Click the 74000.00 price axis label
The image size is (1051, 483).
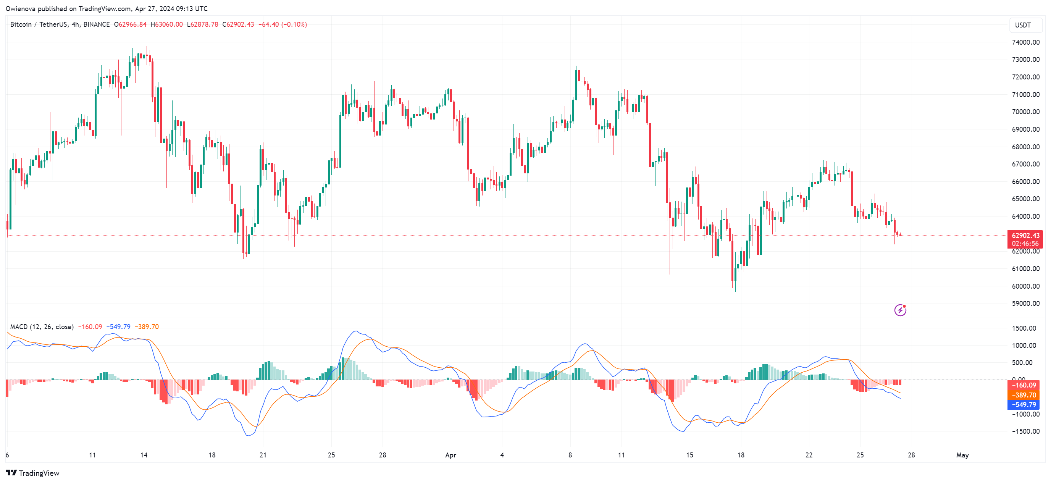click(1025, 42)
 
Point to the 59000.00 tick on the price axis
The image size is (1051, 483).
click(1025, 304)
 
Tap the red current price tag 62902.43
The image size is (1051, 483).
click(1025, 235)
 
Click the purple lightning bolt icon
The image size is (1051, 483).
click(900, 310)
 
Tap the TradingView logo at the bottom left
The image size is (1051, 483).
click(32, 473)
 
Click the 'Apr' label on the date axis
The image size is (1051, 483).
click(450, 455)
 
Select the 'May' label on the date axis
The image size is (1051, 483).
click(962, 455)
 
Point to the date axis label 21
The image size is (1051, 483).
click(263, 455)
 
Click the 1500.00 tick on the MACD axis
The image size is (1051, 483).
click(1024, 328)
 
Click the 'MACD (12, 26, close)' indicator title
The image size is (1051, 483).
click(42, 327)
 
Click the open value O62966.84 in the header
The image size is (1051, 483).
click(130, 24)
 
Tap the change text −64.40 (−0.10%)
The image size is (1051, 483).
click(283, 24)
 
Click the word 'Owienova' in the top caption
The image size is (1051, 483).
click(20, 8)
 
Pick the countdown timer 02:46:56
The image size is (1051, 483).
click(1025, 244)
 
